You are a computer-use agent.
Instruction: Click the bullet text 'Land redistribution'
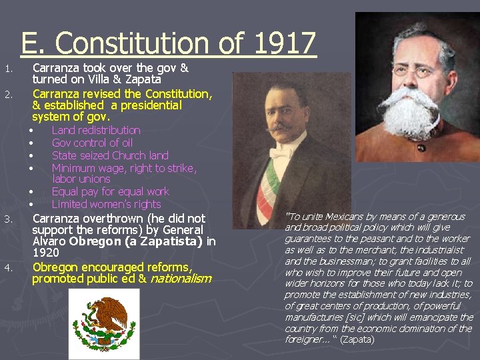pos(96,130)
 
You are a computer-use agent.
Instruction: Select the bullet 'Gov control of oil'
pos(92,143)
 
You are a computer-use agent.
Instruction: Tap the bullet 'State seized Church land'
pos(110,155)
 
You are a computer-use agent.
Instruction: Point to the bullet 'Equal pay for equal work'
pos(111,191)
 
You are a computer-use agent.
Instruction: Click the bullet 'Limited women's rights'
pos(106,204)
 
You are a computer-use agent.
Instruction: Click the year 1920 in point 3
pos(45,253)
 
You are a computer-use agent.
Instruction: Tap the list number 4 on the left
pos(7,269)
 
